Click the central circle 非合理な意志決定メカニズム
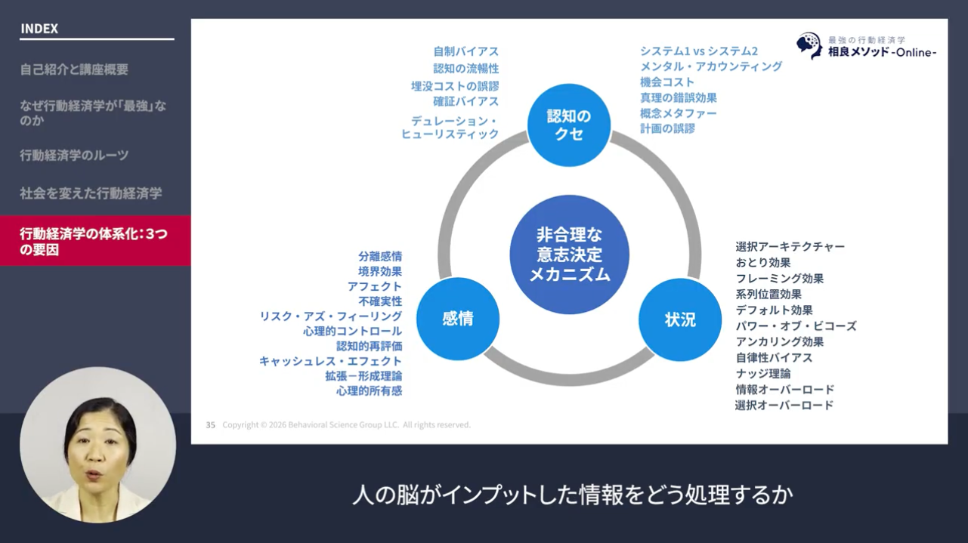click(x=569, y=255)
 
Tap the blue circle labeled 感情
click(x=457, y=319)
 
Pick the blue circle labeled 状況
click(x=680, y=319)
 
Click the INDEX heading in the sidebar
click(x=39, y=29)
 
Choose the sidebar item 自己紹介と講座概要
click(x=74, y=69)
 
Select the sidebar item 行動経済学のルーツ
click(x=74, y=156)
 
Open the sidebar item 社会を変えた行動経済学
click(x=91, y=193)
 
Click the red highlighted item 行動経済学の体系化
click(x=94, y=241)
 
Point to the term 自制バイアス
click(x=465, y=51)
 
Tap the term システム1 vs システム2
click(x=698, y=51)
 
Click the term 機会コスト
click(x=666, y=82)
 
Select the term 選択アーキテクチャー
click(x=790, y=247)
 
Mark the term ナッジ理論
click(x=763, y=374)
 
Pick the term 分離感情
click(x=380, y=256)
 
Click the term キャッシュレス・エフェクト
click(x=330, y=361)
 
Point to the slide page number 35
click(x=211, y=425)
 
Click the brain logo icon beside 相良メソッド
click(x=809, y=45)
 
